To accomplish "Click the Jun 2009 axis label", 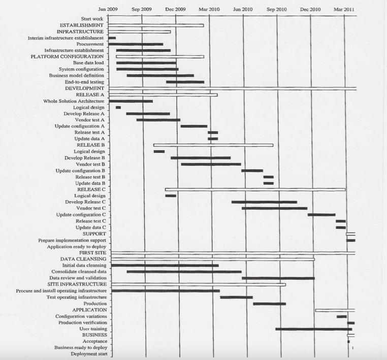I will [108, 9].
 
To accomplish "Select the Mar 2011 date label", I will [344, 9].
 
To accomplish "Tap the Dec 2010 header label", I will [310, 9].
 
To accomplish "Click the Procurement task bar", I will [136, 44].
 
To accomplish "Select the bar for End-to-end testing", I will [185, 82].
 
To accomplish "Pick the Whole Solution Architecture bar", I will [131, 101].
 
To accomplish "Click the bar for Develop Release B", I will [201, 158].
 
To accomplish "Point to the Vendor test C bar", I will [274, 208].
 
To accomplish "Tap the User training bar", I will [313, 329].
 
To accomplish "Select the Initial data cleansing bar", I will [165, 265].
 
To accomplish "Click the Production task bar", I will [269, 304].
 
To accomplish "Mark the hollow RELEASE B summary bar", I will [213, 145].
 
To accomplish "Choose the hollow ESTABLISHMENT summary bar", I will [156, 25].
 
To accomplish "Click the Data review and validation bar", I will [278, 278].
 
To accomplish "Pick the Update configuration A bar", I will [194, 126].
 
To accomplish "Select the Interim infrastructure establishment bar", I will [112, 38].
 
